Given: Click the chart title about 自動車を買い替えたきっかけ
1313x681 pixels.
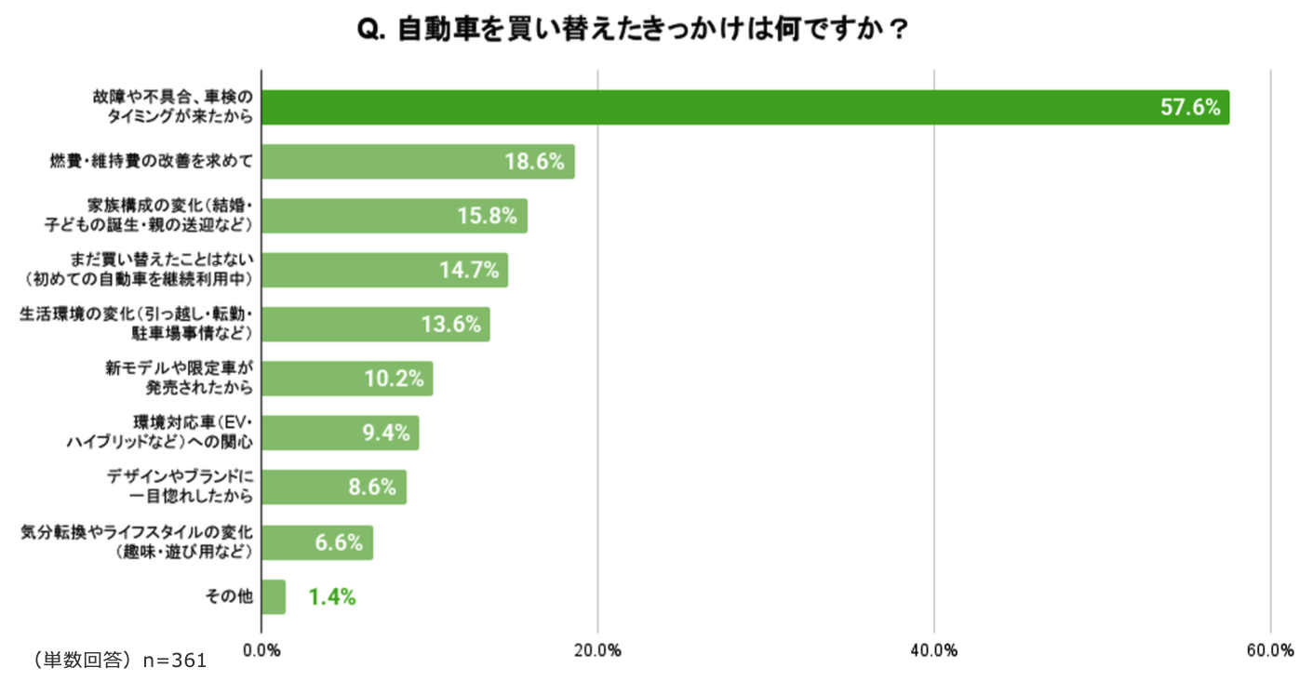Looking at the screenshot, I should (633, 30).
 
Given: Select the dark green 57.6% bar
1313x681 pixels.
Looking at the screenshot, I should (744, 107).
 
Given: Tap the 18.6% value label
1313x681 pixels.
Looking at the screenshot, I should (534, 161).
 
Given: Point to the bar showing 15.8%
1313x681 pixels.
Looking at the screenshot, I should (394, 216).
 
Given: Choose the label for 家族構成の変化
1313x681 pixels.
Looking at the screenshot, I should (149, 216).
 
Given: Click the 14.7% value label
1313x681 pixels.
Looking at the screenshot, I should (469, 270).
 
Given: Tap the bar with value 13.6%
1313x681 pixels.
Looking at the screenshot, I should (375, 325).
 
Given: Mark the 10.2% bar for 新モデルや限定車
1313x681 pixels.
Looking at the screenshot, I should (346, 379).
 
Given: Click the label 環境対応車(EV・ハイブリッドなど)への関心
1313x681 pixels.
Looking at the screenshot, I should (159, 434).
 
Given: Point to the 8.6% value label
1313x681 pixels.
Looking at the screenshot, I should (372, 487).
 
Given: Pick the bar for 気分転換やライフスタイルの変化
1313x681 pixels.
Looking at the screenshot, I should (316, 542).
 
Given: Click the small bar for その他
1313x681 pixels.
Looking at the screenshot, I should (274, 596).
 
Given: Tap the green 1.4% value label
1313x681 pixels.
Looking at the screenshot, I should (331, 597).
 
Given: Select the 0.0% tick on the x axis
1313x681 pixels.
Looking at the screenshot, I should (261, 650).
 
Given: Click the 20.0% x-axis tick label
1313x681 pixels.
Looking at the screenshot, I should (597, 650).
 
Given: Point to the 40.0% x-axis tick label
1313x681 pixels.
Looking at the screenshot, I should (934, 650).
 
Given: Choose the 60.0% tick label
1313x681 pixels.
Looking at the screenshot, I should (1270, 650).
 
